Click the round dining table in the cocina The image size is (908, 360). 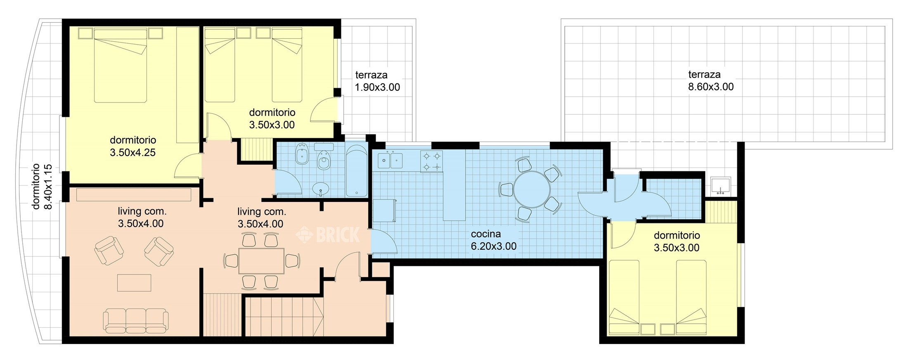tap(532, 189)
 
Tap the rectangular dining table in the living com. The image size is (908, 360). tap(261, 261)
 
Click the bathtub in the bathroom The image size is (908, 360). tap(356, 171)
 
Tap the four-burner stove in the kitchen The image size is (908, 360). tap(431, 161)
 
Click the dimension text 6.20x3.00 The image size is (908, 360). tap(494, 246)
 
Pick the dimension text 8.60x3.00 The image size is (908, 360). tap(711, 87)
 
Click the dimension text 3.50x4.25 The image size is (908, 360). tap(132, 153)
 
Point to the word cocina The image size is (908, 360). tap(486, 234)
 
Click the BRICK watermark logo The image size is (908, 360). tap(328, 234)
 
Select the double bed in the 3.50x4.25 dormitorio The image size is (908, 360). tap(121, 65)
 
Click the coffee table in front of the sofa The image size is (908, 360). tap(134, 283)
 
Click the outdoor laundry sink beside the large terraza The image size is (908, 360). tap(721, 186)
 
